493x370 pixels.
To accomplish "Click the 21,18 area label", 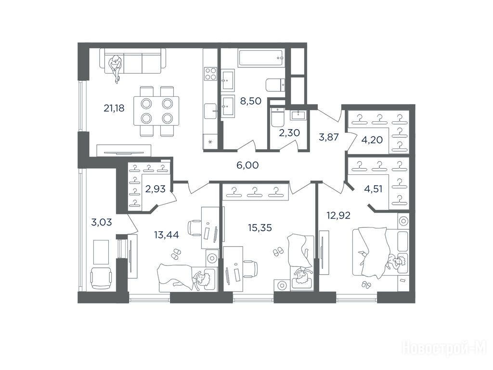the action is [114, 108].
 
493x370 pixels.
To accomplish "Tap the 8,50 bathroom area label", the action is [250, 101].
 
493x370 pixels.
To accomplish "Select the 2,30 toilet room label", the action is [289, 133].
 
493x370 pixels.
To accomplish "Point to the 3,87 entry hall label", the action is [328, 137].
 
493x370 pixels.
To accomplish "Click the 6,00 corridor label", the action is [247, 165].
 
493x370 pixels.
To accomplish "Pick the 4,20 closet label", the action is [372, 140].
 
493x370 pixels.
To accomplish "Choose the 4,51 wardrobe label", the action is [373, 189].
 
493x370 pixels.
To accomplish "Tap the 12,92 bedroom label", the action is [338, 215].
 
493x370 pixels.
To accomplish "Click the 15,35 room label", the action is [259, 227].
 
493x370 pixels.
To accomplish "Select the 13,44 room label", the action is [166, 235].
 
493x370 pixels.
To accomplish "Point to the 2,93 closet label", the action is [156, 189].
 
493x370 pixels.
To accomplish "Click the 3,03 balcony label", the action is [101, 223].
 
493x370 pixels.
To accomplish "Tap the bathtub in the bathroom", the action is [261, 58].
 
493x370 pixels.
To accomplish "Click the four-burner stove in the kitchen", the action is [211, 74].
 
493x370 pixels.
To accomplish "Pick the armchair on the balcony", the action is [101, 278].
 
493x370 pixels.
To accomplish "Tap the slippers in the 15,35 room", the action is [278, 251].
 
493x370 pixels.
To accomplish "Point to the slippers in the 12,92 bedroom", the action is [366, 285].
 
